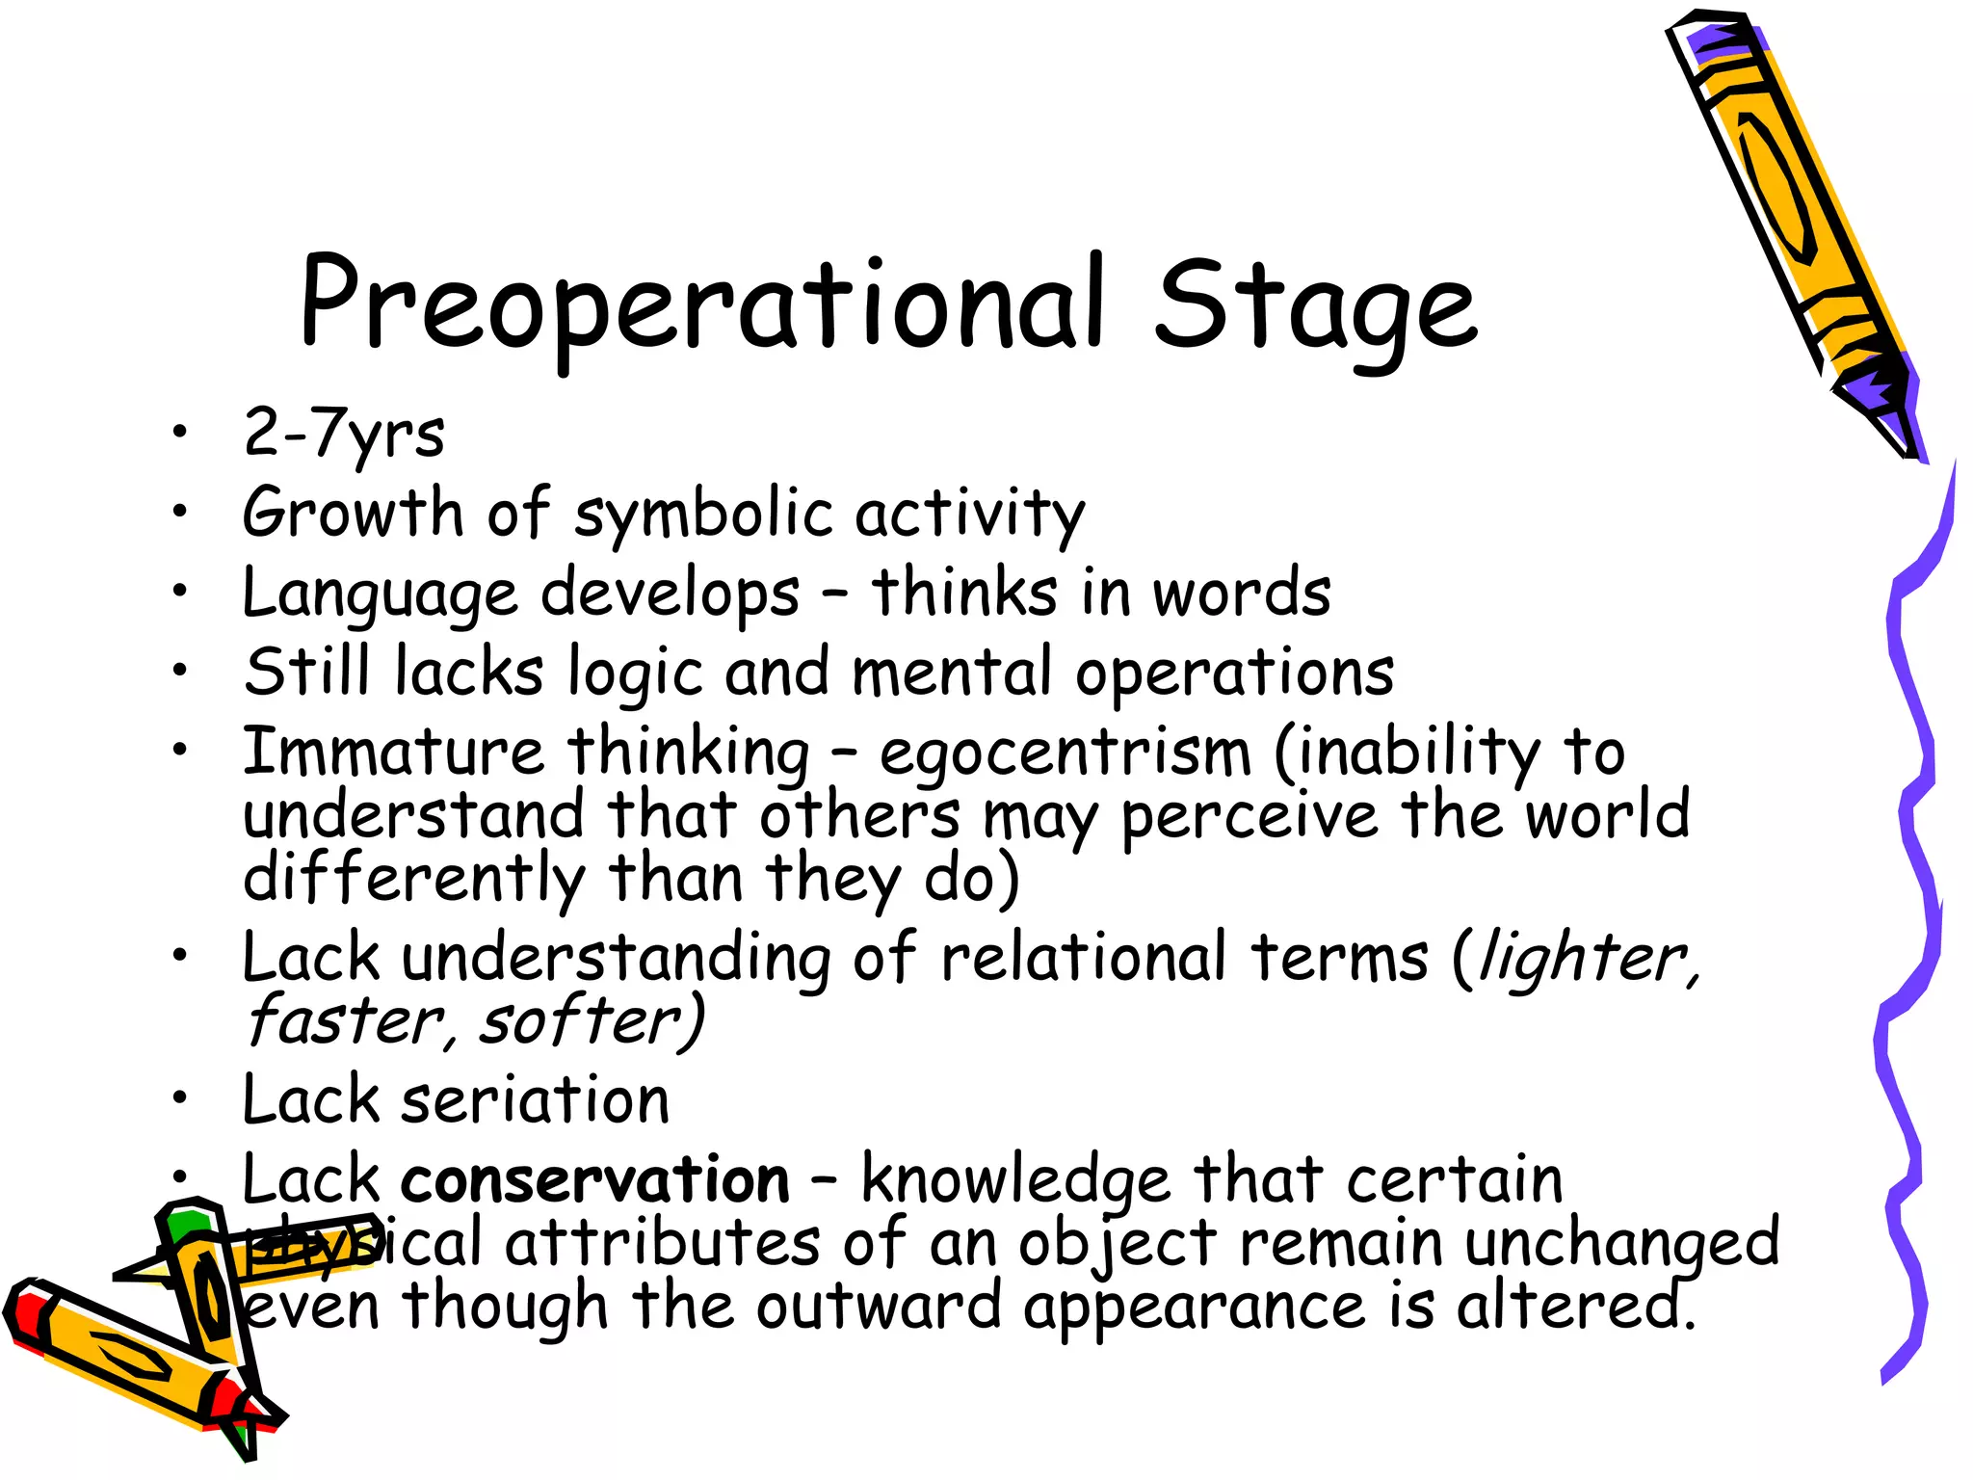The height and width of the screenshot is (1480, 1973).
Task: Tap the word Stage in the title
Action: (1316, 306)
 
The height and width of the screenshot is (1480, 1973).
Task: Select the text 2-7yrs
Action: (344, 434)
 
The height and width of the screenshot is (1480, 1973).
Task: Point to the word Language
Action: (380, 594)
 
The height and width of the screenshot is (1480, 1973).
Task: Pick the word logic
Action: (635, 673)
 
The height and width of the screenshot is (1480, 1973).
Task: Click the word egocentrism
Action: (1065, 753)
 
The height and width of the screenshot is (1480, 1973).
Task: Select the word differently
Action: (413, 879)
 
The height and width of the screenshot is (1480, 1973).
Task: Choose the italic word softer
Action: (590, 1021)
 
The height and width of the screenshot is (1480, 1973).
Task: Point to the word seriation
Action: (535, 1100)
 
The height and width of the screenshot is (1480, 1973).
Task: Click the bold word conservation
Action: (595, 1179)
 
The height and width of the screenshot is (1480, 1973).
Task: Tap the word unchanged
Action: (1621, 1243)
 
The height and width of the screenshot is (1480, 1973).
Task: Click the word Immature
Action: (393, 752)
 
